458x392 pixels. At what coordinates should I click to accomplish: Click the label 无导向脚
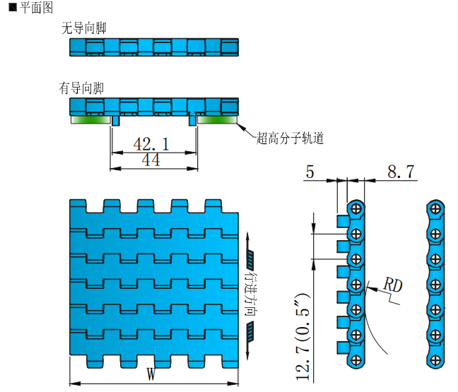click(84, 28)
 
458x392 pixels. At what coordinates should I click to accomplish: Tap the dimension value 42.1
click(151, 144)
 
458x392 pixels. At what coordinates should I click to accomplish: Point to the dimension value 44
click(151, 160)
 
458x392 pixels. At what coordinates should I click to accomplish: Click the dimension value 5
click(311, 172)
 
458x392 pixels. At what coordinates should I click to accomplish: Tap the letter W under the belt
click(151, 374)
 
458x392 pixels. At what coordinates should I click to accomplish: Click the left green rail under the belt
click(90, 120)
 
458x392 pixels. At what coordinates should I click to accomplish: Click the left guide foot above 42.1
click(115, 121)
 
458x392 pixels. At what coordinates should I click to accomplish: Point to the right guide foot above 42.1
click(192, 121)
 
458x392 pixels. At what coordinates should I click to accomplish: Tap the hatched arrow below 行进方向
click(251, 331)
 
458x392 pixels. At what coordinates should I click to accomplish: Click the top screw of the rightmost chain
click(437, 208)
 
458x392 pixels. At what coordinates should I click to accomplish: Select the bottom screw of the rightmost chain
click(437, 361)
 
